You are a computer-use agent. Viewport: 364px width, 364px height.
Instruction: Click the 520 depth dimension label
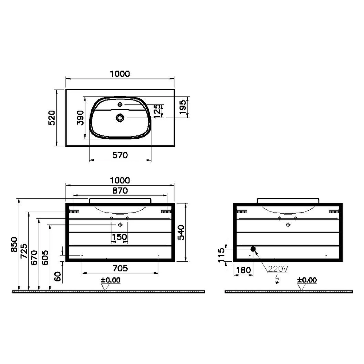click(x=52, y=118)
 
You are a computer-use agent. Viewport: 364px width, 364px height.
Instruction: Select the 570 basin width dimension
click(x=120, y=155)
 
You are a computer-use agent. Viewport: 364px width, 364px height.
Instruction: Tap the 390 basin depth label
click(x=80, y=118)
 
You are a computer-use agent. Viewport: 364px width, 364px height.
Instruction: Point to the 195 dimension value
click(x=183, y=107)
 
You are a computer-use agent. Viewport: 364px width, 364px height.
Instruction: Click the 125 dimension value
click(x=157, y=111)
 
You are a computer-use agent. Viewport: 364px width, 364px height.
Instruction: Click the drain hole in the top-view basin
click(x=120, y=118)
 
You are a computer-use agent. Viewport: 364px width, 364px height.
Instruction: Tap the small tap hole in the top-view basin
click(x=120, y=104)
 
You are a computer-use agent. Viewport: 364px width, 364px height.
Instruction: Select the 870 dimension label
click(x=120, y=191)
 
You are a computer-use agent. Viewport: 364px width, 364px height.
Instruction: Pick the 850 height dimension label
click(x=14, y=245)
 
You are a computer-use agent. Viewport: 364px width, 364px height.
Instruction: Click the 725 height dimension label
click(x=24, y=251)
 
